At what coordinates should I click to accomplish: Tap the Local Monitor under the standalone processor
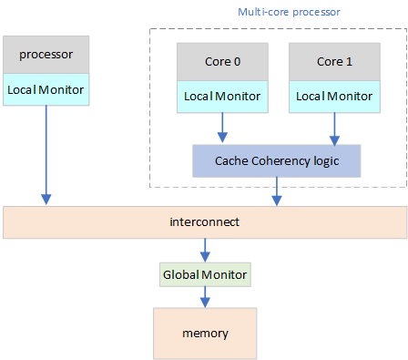(46, 89)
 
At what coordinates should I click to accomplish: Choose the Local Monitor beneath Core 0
(222, 96)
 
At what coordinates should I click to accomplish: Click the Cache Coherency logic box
(277, 160)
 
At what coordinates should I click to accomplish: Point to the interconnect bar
(204, 222)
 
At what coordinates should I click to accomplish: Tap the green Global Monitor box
(205, 273)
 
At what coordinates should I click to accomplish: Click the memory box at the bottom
(205, 333)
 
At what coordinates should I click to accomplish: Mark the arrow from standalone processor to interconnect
(46, 155)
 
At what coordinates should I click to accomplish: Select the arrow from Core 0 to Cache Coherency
(222, 127)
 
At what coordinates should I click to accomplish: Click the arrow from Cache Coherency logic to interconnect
(277, 191)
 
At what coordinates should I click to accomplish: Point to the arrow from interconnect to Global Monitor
(205, 250)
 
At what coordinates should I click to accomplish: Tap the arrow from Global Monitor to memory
(205, 297)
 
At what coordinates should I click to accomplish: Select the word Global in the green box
(179, 273)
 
